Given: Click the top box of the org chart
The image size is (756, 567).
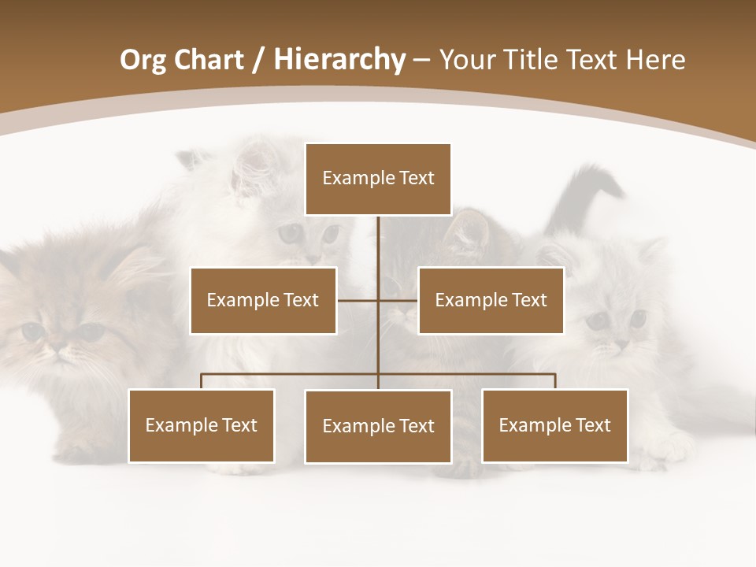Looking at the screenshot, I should pos(378,179).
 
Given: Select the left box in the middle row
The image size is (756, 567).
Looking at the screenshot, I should pos(263,300).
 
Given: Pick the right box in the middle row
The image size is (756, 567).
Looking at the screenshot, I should pos(491,300).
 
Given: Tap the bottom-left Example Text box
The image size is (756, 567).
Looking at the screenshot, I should pos(202,425).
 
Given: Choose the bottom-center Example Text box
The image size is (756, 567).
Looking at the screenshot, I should pos(378,426).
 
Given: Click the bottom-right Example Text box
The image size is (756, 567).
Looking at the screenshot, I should pos(554,425).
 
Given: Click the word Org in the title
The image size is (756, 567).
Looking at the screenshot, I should pos(143,60).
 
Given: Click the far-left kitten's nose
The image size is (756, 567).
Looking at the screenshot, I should pos(57,345).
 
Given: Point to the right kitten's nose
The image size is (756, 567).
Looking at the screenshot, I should pos(621,344).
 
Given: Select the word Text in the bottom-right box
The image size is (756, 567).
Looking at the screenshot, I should pos(592,425).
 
